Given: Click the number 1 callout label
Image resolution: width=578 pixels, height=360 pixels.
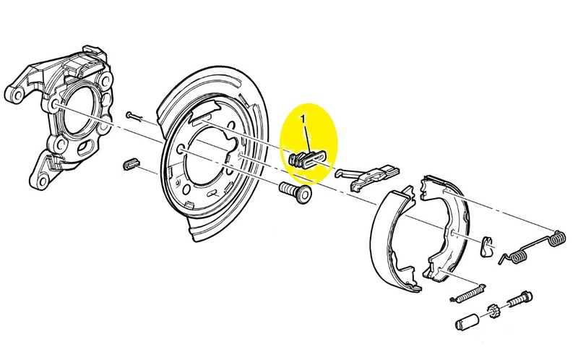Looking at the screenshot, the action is tap(303, 119).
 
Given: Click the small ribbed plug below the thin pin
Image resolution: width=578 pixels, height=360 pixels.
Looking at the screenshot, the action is tap(131, 164).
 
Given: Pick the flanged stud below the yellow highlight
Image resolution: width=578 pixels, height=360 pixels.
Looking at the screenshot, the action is tap(296, 192).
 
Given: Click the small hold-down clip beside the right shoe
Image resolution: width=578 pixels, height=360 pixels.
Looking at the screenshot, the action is tap(486, 246).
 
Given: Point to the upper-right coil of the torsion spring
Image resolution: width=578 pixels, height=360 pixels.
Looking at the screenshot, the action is tap(557, 239).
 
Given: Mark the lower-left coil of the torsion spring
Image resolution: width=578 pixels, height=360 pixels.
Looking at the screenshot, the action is tap(516, 257).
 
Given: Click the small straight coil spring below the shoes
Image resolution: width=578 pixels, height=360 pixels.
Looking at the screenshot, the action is tap(467, 293).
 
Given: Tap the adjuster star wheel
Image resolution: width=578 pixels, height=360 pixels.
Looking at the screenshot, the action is tap(492, 311).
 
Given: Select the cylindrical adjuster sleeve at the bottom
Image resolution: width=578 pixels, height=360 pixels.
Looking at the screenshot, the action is tap(467, 321).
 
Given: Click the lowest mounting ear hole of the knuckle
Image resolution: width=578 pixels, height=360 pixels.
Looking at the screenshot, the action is tap(43, 181).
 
